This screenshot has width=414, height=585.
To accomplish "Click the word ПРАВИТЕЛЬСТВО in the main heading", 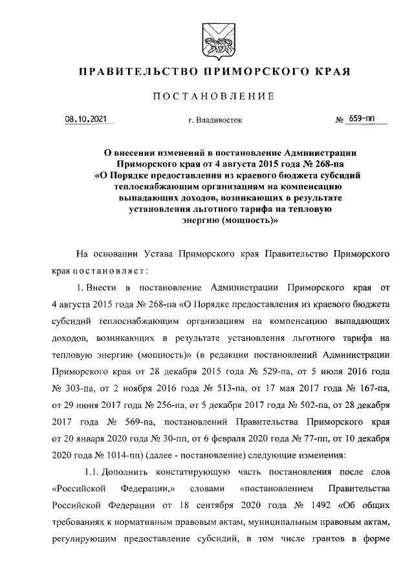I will pos(138,70).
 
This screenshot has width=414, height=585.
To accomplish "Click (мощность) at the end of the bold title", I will pos(245,218).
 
